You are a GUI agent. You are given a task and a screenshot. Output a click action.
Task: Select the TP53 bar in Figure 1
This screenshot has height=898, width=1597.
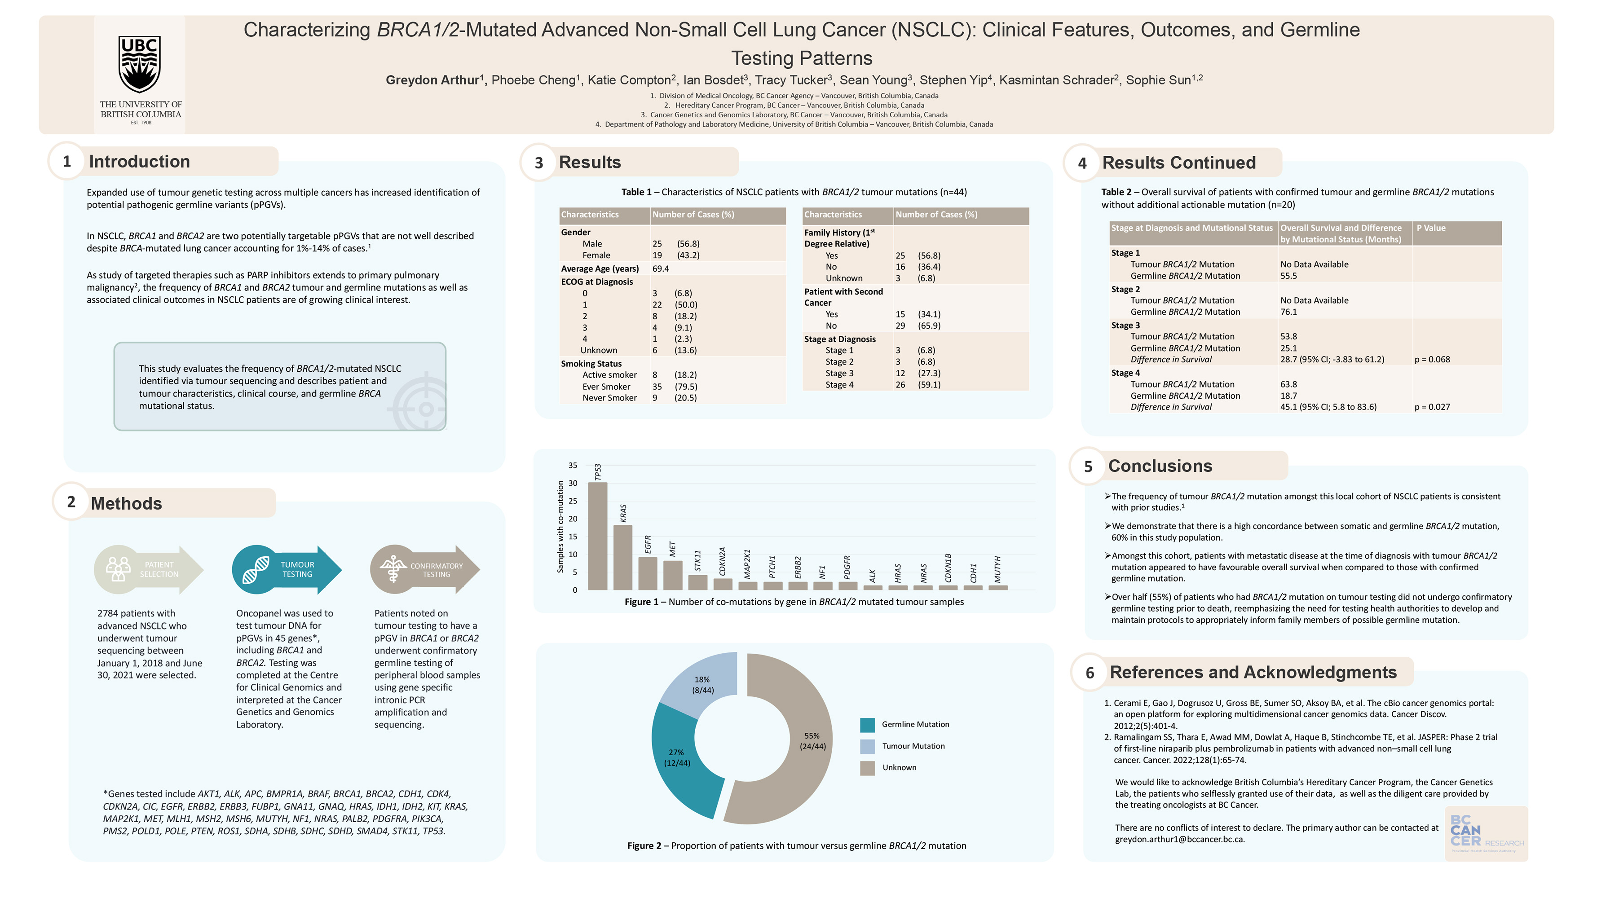click(x=597, y=536)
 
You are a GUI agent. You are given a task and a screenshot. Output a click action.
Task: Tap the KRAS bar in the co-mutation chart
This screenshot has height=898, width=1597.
click(x=622, y=557)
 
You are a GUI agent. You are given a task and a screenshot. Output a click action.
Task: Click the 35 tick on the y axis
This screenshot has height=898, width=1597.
click(x=573, y=466)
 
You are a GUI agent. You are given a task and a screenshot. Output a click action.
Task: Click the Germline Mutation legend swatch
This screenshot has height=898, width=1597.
click(x=867, y=725)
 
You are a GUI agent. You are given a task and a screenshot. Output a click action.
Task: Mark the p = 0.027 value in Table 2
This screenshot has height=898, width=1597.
click(x=1432, y=407)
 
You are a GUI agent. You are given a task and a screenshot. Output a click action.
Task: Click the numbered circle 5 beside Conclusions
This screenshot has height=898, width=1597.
click(x=1088, y=467)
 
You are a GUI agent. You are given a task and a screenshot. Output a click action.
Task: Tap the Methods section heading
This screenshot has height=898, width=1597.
click(x=127, y=503)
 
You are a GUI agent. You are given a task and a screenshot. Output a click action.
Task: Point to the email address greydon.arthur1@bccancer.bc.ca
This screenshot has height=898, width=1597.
click(x=1179, y=840)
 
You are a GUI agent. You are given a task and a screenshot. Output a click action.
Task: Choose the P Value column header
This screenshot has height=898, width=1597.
click(x=1431, y=228)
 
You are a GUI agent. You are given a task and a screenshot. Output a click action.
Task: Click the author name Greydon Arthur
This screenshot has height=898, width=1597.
click(x=432, y=80)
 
